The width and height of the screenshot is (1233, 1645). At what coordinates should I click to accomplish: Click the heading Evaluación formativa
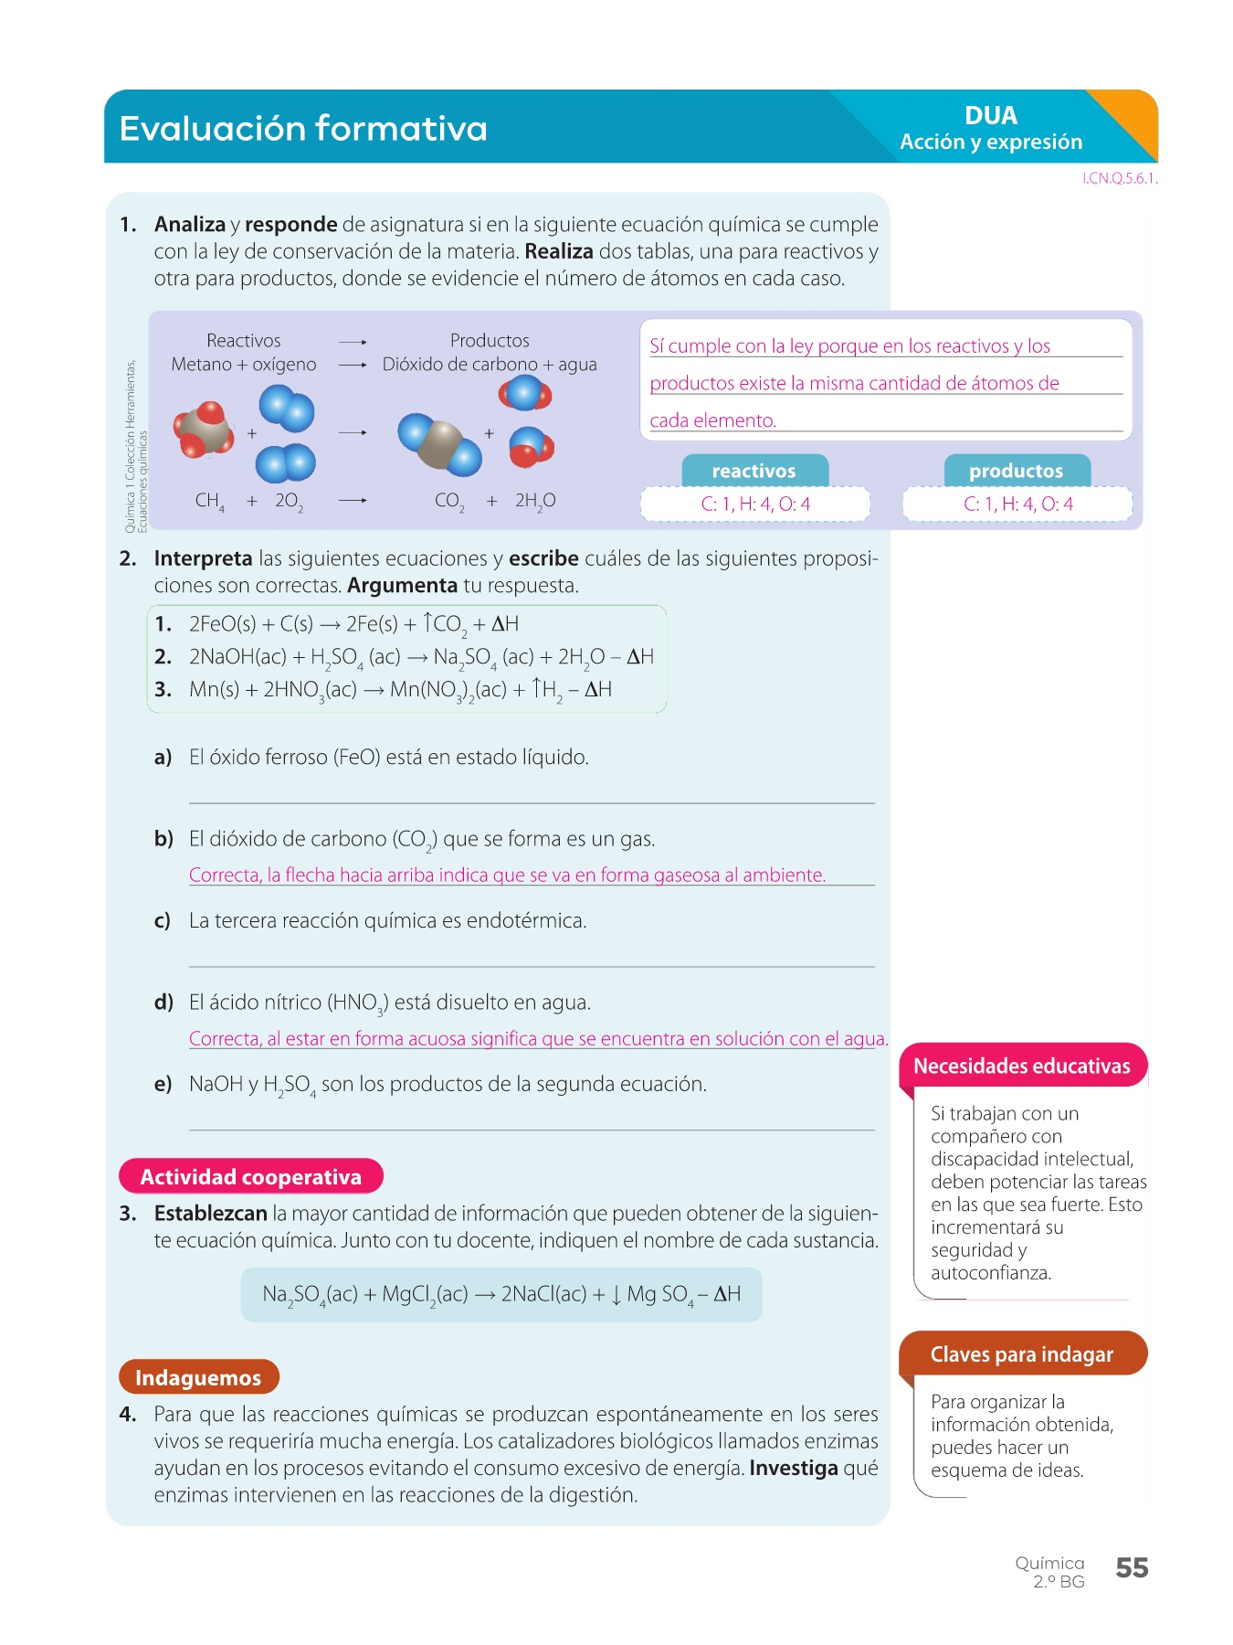tap(303, 128)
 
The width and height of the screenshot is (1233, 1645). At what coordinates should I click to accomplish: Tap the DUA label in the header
tap(990, 116)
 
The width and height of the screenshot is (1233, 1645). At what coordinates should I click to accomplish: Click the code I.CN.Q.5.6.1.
tap(1120, 179)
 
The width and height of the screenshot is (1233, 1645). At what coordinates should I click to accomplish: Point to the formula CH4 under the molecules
tap(209, 501)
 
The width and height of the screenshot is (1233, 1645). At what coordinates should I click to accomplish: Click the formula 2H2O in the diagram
tap(534, 501)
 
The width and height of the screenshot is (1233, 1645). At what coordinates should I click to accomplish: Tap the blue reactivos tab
tap(754, 471)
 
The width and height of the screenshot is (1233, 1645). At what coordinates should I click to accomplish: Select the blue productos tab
tap(1016, 471)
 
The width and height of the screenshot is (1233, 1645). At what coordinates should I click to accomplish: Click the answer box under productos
tap(1017, 504)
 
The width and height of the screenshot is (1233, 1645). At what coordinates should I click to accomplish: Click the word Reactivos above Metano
tap(243, 341)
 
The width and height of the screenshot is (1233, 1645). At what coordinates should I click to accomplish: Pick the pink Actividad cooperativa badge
tap(250, 1177)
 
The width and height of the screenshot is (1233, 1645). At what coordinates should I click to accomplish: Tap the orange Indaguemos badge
tap(198, 1377)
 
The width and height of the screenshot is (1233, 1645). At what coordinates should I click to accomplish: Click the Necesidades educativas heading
tap(1021, 1067)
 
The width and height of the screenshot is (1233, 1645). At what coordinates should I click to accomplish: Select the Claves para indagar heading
tap(1021, 1354)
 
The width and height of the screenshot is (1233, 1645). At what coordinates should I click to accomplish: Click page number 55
tap(1132, 1568)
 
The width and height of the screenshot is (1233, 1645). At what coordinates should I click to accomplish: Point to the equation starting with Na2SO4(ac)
tap(501, 1294)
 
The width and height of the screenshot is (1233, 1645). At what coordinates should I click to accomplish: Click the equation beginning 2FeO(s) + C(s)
tap(353, 624)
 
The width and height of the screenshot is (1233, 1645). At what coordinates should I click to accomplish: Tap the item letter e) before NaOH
tap(163, 1085)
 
